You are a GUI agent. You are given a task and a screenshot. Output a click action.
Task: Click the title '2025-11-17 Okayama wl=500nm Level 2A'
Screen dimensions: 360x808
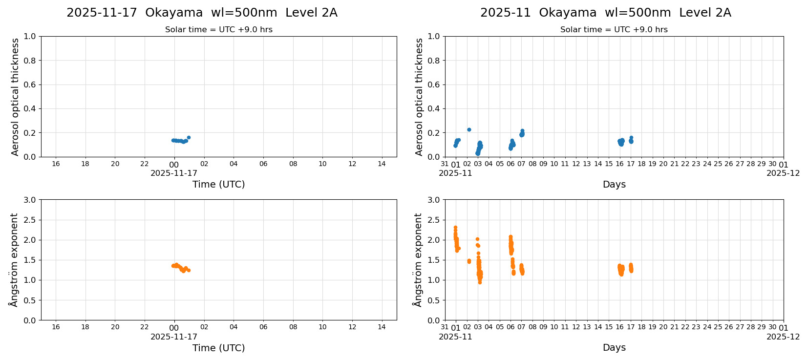pos(202,13)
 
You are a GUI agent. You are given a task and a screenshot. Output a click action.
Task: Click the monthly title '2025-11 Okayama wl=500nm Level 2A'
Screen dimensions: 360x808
pos(605,13)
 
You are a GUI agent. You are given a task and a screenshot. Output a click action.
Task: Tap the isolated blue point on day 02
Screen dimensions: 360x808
pos(469,129)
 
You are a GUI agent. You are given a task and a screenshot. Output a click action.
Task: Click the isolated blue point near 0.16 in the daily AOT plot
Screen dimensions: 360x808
pos(189,138)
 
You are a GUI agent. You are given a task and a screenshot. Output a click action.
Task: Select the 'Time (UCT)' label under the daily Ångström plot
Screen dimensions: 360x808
pos(218,348)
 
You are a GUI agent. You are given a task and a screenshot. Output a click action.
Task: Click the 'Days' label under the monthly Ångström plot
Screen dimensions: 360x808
pos(614,348)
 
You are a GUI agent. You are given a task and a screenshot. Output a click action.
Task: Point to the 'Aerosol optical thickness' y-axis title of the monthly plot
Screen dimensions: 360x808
pos(419,97)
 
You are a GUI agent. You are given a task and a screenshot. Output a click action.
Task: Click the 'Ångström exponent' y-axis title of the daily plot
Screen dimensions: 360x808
pos(14,260)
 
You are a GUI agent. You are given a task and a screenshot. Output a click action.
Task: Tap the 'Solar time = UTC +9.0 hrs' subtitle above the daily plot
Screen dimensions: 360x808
pos(218,30)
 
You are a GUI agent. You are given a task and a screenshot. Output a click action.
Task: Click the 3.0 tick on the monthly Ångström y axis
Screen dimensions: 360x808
pos(433,200)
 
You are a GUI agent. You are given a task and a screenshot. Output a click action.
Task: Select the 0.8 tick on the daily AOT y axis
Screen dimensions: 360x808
pos(29,61)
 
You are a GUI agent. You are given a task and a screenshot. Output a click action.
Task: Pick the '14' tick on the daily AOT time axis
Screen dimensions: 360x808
pos(382,164)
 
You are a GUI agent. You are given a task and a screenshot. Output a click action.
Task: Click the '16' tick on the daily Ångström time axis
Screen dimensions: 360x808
pos(56,327)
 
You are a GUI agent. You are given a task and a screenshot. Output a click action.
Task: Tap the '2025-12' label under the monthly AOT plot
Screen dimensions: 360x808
pos(783,173)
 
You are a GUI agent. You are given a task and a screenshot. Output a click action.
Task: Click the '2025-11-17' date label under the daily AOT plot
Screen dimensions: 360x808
pos(174,173)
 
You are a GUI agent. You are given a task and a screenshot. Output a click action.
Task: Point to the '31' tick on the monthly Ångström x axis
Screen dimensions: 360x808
pos(445,327)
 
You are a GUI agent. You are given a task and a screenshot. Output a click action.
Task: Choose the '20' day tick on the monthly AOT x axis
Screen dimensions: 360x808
pos(663,164)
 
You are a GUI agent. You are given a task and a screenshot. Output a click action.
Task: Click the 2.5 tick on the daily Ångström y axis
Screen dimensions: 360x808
pos(29,220)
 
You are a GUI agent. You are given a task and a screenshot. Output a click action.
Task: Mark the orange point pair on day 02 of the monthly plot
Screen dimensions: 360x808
pos(469,261)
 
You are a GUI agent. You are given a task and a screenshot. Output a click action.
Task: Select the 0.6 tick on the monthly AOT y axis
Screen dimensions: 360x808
pos(433,85)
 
